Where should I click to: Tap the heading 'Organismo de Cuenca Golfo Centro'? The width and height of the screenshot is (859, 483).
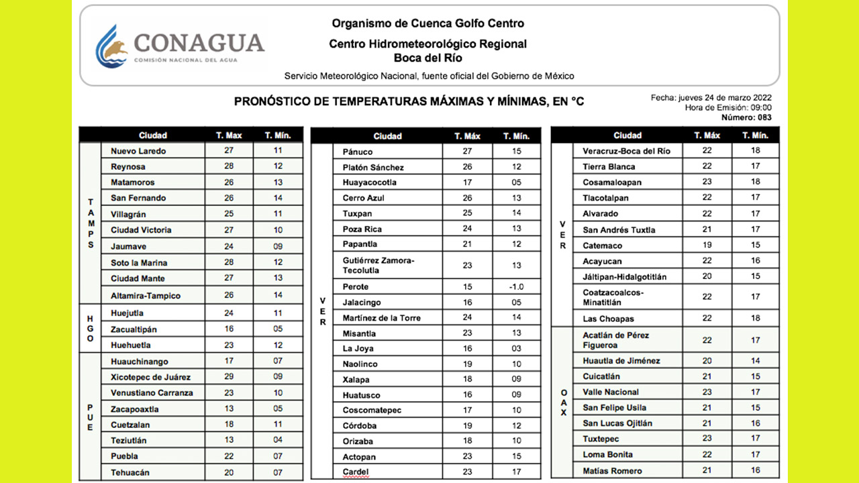(427, 23)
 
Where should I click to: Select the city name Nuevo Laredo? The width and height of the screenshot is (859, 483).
(138, 151)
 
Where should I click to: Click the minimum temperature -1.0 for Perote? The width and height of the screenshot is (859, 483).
(516, 286)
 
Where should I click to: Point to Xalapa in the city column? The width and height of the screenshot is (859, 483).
(356, 380)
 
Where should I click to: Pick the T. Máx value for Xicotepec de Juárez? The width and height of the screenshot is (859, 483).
(229, 377)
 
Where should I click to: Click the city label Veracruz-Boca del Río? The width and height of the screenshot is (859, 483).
(626, 151)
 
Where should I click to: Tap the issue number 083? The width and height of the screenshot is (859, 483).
(764, 117)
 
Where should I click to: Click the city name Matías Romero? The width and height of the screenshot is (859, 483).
(612, 471)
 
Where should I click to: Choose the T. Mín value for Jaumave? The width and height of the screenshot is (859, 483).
(278, 246)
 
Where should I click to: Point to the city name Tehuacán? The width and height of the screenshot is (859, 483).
(130, 472)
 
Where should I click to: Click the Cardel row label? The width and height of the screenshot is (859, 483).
(356, 472)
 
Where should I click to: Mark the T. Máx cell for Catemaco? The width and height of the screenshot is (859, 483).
(707, 246)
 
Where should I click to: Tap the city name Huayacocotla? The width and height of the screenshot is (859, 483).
(370, 182)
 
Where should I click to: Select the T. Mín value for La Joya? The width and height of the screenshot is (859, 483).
(516, 348)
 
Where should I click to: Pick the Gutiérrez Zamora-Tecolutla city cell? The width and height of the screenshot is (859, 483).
(378, 266)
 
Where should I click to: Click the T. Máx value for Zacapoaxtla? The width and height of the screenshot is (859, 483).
(229, 409)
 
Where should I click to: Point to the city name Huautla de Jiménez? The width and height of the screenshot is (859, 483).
(621, 361)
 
